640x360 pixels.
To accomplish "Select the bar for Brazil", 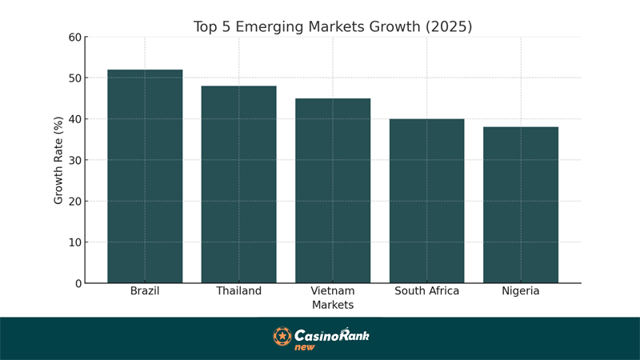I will (145, 176).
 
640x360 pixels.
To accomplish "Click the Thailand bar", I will (238, 184).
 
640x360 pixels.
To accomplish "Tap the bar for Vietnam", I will (333, 190).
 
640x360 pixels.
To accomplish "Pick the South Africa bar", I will (426, 201).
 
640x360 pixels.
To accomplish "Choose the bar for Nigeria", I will (521, 205).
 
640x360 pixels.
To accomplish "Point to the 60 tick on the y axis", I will (74, 38).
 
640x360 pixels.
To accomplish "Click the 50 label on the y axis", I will (74, 78).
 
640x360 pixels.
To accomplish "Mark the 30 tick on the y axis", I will (74, 160).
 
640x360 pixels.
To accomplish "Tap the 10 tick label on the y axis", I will (74, 242).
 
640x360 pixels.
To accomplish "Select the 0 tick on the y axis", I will (78, 283).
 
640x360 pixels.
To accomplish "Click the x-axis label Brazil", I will (145, 291).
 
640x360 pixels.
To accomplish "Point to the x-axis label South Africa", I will (426, 291).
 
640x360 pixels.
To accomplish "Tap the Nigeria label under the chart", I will (521, 291).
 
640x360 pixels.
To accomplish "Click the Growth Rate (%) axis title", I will (58, 160).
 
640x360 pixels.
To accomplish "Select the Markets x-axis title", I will (333, 305).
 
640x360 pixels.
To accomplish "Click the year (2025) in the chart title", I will (446, 26).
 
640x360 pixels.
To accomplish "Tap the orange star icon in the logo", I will (282, 336).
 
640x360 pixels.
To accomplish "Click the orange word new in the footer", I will (305, 347).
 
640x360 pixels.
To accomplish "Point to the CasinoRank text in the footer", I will (331, 335).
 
